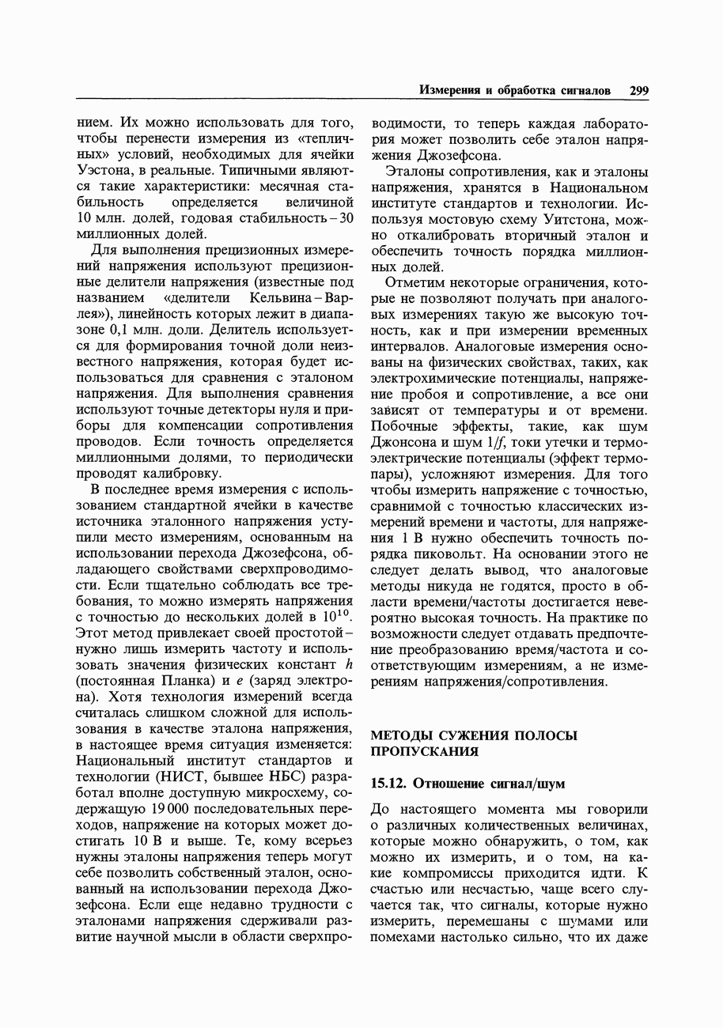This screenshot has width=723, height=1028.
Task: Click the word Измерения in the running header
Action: click(449, 91)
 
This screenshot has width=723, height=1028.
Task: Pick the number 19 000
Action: click(165, 809)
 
